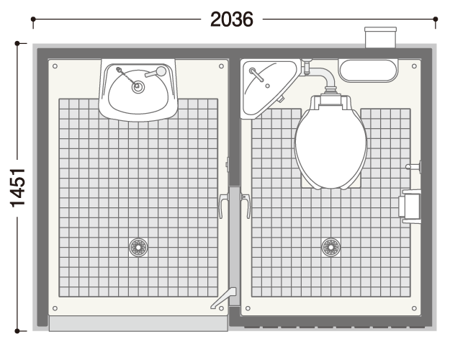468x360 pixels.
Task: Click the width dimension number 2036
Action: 232,19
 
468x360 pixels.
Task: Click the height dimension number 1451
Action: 18,188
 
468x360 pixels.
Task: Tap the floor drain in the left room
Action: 138,247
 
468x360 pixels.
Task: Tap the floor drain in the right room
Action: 330,247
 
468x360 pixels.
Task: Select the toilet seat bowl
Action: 330,146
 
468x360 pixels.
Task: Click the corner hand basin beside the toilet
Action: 266,86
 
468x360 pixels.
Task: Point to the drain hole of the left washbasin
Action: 138,87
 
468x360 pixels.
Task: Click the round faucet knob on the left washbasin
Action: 161,71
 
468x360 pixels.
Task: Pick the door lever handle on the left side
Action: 223,205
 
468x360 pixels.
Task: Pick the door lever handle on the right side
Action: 246,205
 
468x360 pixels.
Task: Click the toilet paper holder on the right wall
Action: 410,207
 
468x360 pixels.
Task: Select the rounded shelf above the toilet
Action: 369,71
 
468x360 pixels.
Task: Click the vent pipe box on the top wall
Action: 381,37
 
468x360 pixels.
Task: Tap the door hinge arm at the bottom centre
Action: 224,297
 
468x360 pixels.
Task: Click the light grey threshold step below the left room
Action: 138,323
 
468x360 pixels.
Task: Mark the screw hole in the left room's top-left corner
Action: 55,66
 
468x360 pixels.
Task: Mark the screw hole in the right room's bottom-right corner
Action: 414,308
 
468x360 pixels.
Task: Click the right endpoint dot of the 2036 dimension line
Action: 436,19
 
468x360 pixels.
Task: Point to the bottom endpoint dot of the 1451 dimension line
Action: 17,330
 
